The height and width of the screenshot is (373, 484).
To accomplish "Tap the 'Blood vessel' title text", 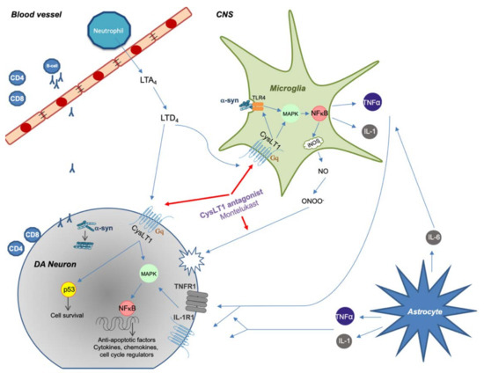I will (34, 13).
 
